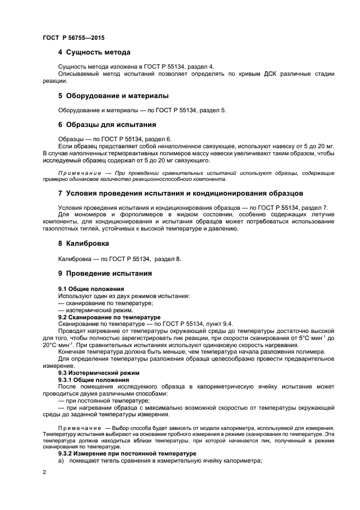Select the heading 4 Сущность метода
[94, 52]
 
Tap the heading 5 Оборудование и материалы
[113, 95]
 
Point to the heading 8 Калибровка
[83, 243]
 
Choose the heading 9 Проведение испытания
[105, 273]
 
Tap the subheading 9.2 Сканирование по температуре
[109, 317]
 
